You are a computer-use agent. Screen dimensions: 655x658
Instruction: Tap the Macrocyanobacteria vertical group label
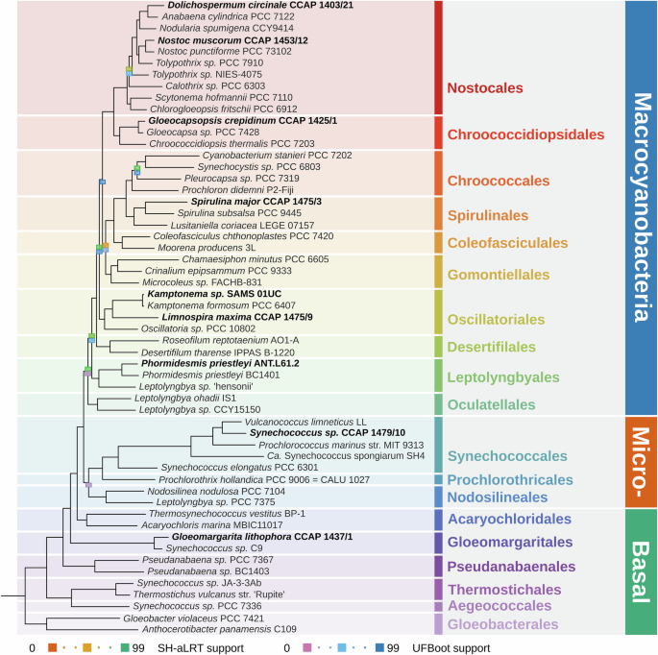(x=642, y=208)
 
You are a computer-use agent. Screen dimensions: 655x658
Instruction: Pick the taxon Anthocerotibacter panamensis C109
(x=218, y=630)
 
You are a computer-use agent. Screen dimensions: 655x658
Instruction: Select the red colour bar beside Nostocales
(x=438, y=57)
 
